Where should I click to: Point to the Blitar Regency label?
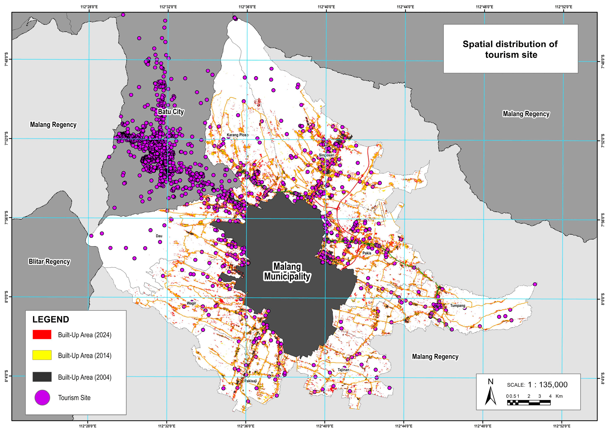click(x=49, y=261)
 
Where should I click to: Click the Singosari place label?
click(x=326, y=155)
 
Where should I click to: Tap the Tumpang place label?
click(x=458, y=306)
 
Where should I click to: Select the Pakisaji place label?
click(x=250, y=381)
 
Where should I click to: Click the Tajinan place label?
click(x=343, y=370)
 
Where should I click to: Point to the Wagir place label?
click(x=191, y=303)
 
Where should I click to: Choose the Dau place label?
click(x=159, y=236)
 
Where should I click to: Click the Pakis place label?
click(x=367, y=253)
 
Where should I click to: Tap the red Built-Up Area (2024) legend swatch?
click(x=42, y=335)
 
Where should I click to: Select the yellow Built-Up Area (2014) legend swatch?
click(x=42, y=355)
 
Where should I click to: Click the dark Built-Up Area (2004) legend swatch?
click(x=42, y=377)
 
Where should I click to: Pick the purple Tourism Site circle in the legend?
click(x=42, y=398)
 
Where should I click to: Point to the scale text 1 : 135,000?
click(x=547, y=384)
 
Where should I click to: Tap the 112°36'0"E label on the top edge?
click(x=247, y=7)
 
